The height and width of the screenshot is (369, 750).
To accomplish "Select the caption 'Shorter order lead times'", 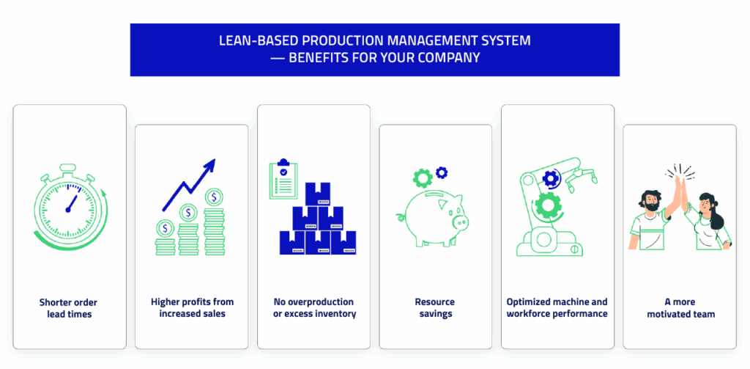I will [x=69, y=308].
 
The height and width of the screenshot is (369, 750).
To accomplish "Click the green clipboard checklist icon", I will [x=283, y=178].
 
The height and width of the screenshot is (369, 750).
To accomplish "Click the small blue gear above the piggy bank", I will [x=441, y=173].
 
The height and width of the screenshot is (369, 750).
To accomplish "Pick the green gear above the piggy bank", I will [x=422, y=178].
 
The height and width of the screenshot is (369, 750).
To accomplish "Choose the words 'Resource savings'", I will [x=434, y=308].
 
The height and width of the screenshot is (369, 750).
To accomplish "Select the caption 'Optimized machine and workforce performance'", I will [x=557, y=308].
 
